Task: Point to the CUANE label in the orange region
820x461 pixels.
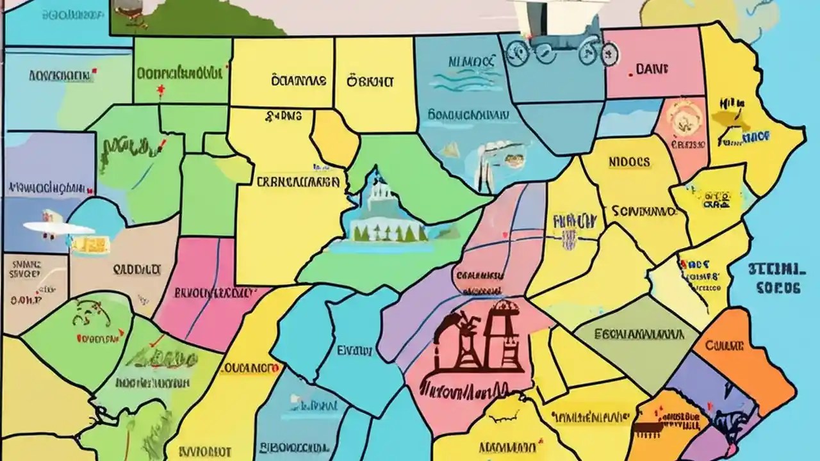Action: pos(724,346)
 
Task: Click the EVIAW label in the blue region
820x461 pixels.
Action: pos(354,350)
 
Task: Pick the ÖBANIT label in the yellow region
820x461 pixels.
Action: pos(370,81)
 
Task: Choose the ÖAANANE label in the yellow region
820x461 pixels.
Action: pos(299,81)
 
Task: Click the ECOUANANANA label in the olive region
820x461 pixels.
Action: pos(637,334)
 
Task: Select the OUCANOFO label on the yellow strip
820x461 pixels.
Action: pos(250,369)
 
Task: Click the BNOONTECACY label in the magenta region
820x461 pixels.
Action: pos(212,293)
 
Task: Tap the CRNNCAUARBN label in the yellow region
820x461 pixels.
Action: pos(297,182)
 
